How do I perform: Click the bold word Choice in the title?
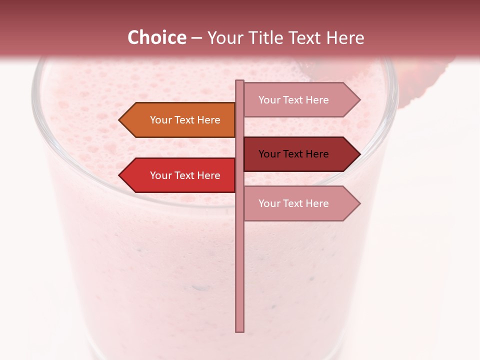point(156,37)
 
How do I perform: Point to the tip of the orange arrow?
point(120,120)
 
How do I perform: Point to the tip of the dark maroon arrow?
point(359,154)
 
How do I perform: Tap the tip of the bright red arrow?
point(120,175)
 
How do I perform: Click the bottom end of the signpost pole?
point(240,330)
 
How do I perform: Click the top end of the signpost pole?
point(240,82)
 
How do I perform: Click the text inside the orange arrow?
point(185,120)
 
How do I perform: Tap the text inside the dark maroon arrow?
point(293,154)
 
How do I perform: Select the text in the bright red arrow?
point(185,175)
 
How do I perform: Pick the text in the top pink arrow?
point(293,100)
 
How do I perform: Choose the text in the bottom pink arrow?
point(293,203)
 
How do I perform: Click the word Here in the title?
point(345,38)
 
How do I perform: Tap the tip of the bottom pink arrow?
point(359,203)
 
